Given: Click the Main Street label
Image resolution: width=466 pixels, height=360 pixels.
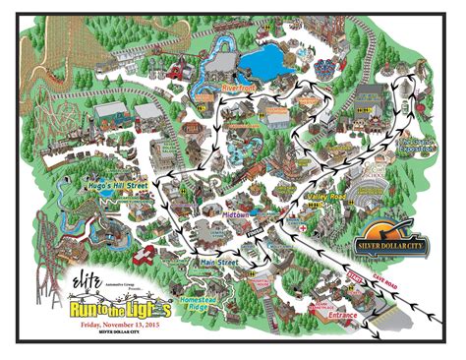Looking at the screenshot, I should click(221, 263).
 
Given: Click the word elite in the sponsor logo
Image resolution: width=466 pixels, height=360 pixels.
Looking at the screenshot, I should click(86, 279).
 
